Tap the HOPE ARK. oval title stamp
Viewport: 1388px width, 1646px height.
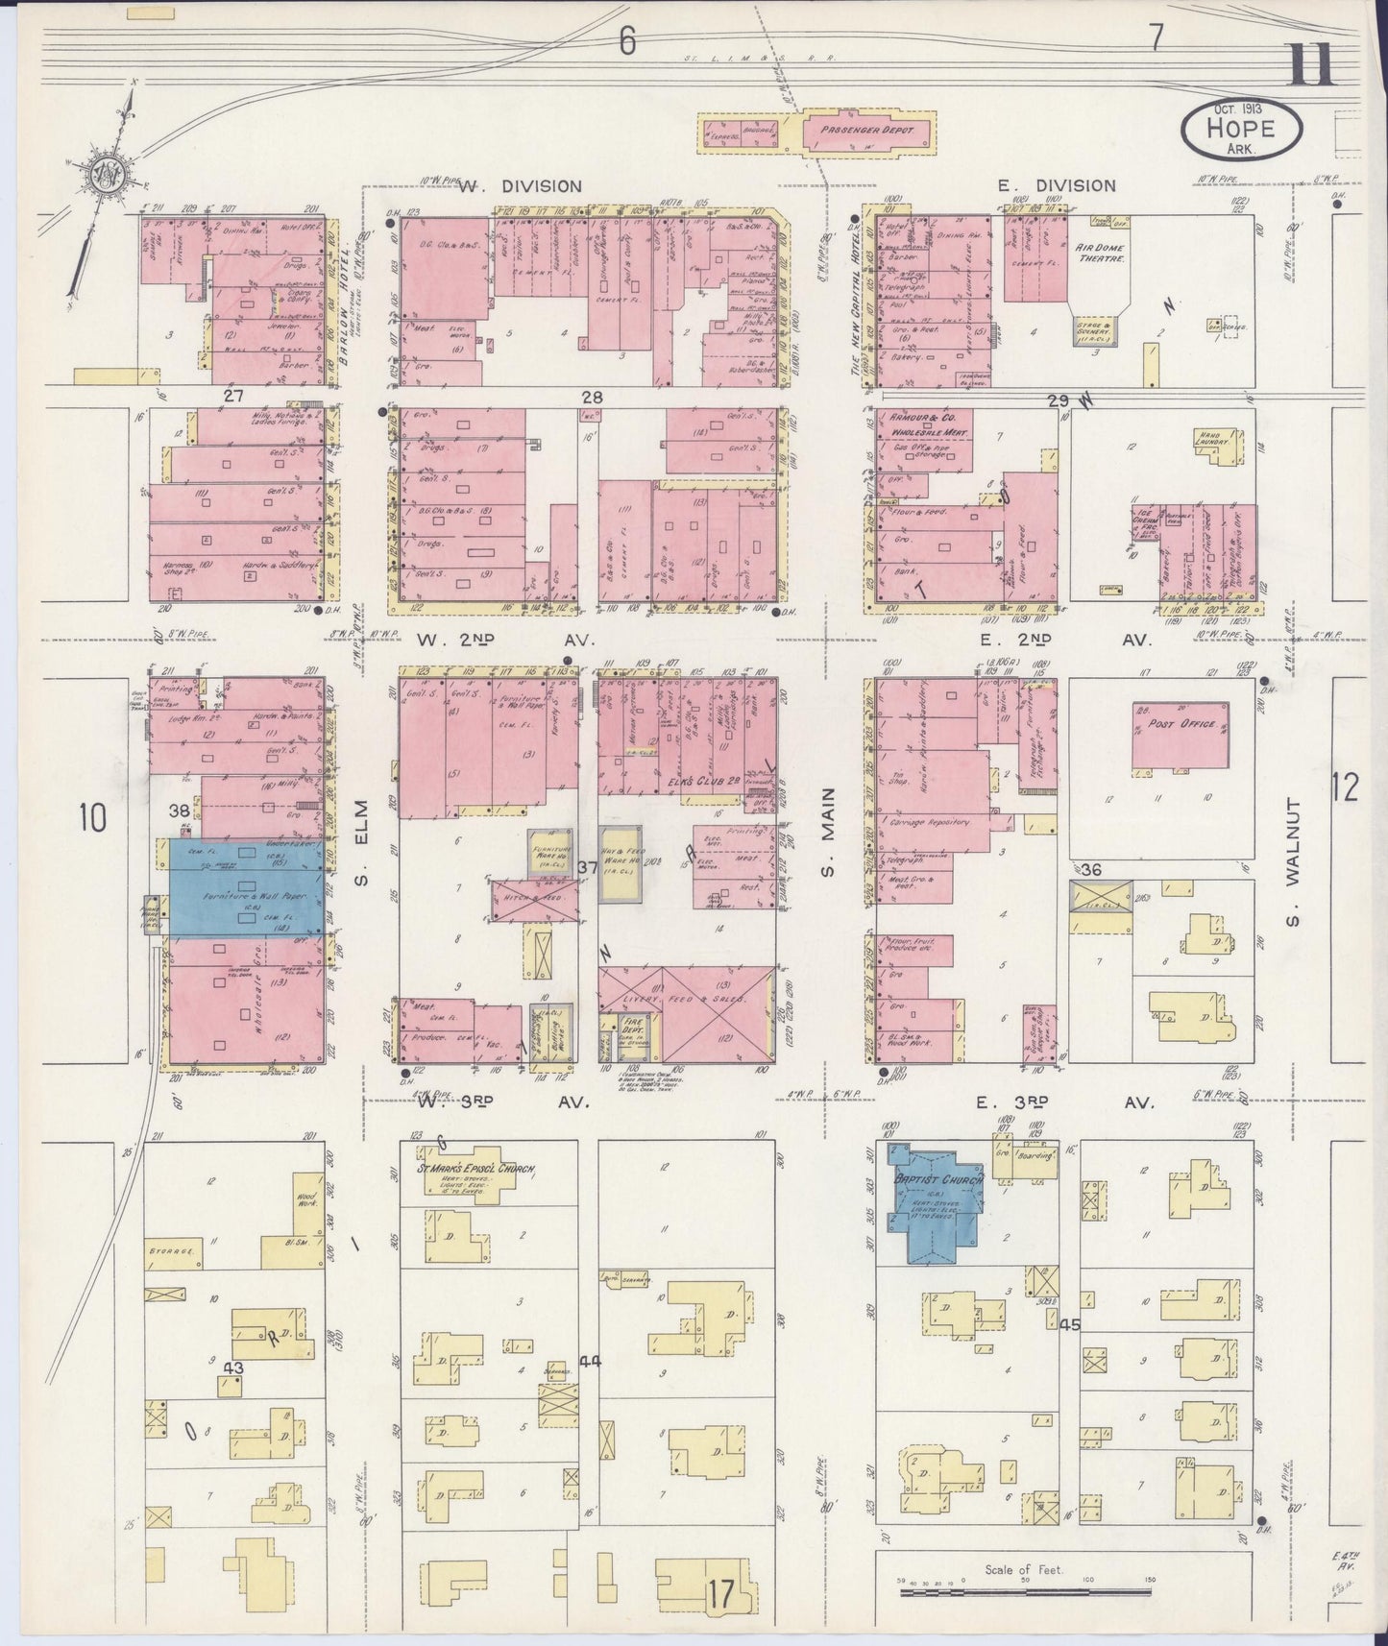coord(1242,132)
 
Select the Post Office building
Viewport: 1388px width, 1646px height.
coord(1181,735)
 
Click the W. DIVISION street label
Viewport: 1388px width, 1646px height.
coord(520,186)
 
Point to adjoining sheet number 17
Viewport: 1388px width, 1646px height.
coord(722,1596)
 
